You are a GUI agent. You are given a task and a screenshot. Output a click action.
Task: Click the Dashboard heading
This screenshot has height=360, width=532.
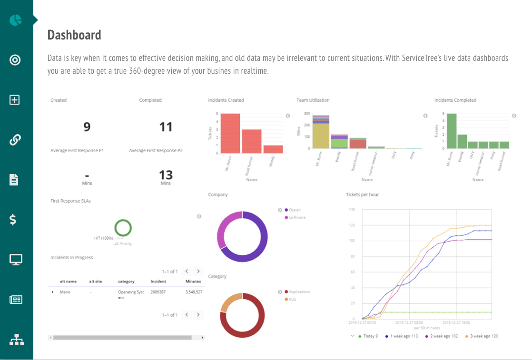pos(74,35)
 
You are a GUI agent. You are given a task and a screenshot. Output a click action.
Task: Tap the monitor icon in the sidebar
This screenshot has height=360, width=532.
pos(16,260)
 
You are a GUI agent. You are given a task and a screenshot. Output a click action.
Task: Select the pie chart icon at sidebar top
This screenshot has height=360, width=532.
pos(16,20)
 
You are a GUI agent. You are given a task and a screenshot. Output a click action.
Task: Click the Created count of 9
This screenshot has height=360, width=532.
pos(87,126)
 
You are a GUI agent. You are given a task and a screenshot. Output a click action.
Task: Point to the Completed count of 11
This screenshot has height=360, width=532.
pos(166,126)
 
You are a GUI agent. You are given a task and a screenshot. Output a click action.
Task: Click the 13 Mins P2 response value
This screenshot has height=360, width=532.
pos(166,175)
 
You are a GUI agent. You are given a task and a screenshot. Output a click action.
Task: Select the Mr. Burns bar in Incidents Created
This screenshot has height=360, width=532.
pos(230,134)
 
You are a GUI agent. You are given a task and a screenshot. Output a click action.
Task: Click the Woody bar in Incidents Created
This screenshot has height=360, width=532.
pos(273,149)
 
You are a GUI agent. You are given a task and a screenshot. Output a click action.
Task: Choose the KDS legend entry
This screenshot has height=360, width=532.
pos(292,299)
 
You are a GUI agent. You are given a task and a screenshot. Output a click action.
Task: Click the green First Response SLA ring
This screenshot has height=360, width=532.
pos(123,228)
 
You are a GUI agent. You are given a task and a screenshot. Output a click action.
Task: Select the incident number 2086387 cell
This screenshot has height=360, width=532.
pos(158,292)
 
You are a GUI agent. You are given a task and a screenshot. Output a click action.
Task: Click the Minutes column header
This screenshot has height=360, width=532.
pos(193,281)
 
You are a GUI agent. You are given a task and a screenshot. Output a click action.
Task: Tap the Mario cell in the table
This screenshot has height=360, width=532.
pos(65,292)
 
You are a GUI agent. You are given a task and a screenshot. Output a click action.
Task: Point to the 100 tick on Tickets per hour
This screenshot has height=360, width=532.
pos(352,241)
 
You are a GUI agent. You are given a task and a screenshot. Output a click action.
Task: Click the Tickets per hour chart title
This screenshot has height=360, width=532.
pos(362,195)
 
